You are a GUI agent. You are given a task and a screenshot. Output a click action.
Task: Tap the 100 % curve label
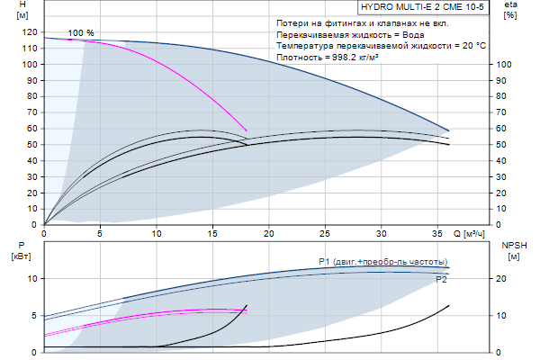[81, 32]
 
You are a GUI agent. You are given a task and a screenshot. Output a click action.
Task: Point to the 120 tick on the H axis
[31, 31]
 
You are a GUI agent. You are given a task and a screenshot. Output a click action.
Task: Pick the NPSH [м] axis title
[510, 251]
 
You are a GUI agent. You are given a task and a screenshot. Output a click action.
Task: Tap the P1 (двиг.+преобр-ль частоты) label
[383, 262]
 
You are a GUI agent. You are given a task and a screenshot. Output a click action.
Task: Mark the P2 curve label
[442, 280]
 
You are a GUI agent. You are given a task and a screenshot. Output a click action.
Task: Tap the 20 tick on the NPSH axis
[503, 279]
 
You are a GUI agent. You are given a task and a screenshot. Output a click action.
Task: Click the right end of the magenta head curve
[247, 131]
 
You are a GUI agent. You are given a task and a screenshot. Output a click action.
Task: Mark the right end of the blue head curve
[448, 130]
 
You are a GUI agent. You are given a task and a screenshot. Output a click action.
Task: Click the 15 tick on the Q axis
[212, 234]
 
